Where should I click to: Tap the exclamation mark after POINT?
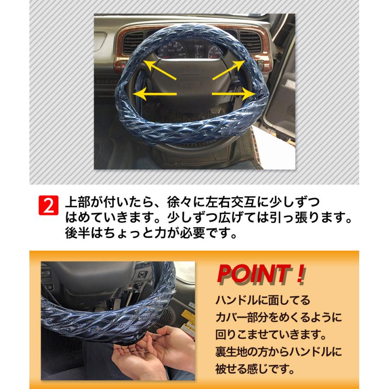point(300,275)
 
